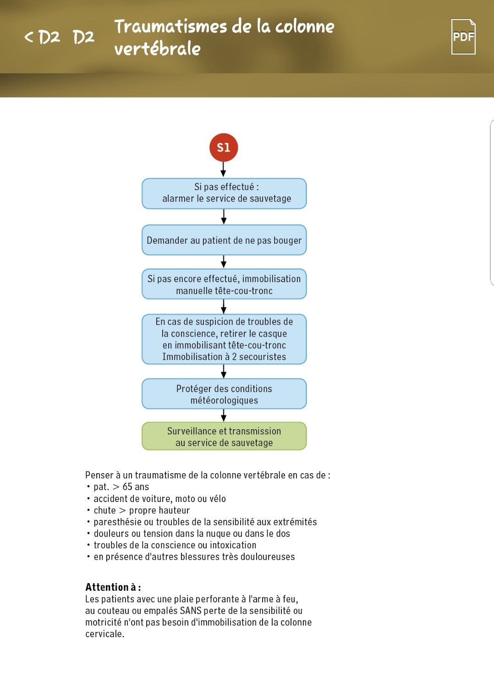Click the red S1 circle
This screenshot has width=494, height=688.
[224, 147]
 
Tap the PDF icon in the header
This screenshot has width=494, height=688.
[463, 37]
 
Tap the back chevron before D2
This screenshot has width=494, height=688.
[29, 37]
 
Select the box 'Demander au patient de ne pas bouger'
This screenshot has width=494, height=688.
[224, 240]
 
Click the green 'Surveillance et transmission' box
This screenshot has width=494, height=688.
[224, 437]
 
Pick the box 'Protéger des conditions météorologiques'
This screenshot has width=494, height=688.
[224, 394]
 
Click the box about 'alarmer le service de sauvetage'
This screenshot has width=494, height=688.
[224, 193]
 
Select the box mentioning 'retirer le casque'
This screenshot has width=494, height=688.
[224, 339]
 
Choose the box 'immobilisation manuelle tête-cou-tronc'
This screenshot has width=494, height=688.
[224, 284]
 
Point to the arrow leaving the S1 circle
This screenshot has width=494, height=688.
[224, 169]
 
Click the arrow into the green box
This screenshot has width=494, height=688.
[224, 415]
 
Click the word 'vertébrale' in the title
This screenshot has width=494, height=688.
[157, 49]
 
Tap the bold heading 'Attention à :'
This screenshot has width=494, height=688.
[113, 587]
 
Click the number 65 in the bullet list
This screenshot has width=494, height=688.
[128, 487]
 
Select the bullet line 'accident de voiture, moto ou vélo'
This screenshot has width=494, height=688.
[159, 499]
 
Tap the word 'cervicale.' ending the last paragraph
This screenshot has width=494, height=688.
[104, 634]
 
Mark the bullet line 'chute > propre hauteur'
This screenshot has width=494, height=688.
[141, 510]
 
